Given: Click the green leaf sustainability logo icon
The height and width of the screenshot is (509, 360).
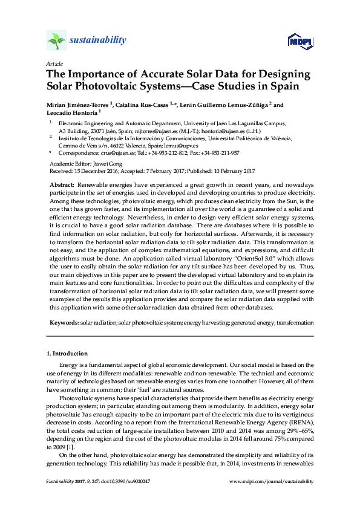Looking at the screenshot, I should pos(56,41).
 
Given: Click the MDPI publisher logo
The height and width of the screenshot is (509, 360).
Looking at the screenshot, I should pos(300,41).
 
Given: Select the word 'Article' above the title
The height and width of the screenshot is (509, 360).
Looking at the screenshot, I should pos(54,63).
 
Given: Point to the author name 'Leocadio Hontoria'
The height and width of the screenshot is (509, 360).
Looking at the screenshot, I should pos(72,112).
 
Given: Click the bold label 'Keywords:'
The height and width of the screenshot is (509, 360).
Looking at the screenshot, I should pos(64,323).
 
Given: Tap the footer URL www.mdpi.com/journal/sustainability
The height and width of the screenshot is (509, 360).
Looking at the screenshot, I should pos(272,481).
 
